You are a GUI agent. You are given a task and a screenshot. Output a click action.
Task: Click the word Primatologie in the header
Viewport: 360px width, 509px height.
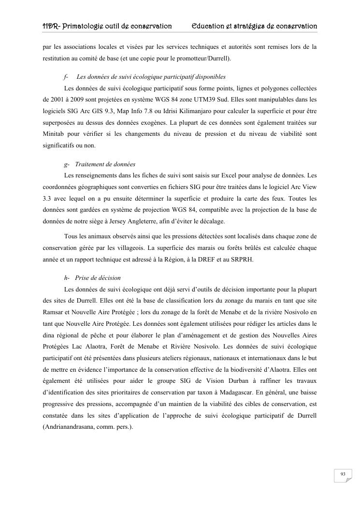pyautogui.click(x=84, y=26)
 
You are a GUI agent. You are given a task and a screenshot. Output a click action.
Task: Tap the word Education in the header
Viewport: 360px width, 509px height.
pyautogui.click(x=211, y=26)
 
